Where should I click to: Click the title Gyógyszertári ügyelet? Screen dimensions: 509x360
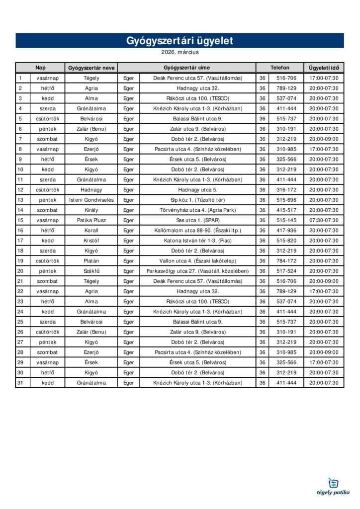(180, 41)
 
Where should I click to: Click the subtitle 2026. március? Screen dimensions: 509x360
(180, 52)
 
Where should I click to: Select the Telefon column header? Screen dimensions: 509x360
(279, 68)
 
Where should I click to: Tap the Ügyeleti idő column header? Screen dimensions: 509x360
(324, 68)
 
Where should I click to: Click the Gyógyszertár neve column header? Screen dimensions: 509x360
(91, 68)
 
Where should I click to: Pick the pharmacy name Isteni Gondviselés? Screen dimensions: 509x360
(91, 200)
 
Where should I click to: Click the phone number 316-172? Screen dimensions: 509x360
(286, 190)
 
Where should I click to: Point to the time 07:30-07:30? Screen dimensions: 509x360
(324, 220)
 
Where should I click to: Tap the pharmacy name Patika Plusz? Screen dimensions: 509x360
(91, 220)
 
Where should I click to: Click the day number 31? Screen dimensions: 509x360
(20, 383)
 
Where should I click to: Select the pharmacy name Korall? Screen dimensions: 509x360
(91, 231)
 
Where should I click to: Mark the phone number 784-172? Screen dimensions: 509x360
(286, 261)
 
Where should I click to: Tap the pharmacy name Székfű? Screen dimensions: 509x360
(91, 271)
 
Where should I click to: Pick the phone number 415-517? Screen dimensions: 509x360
(286, 210)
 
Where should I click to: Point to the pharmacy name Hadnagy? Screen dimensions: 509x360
(91, 190)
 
